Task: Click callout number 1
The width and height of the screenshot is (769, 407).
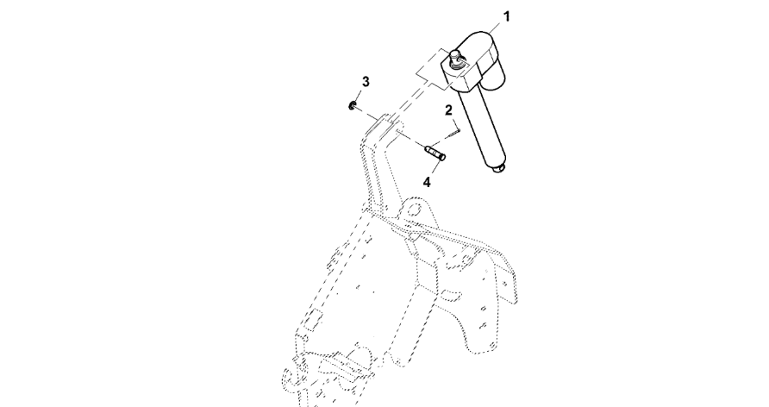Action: click(x=507, y=16)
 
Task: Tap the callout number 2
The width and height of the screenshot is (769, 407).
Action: click(x=449, y=110)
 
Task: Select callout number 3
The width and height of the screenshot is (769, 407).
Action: click(x=366, y=81)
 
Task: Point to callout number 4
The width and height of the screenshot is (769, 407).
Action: click(x=427, y=183)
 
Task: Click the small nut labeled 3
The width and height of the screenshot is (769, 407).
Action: click(x=352, y=105)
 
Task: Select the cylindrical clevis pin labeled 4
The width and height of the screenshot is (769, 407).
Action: click(x=435, y=152)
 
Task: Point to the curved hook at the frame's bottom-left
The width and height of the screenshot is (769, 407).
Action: click(x=287, y=381)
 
